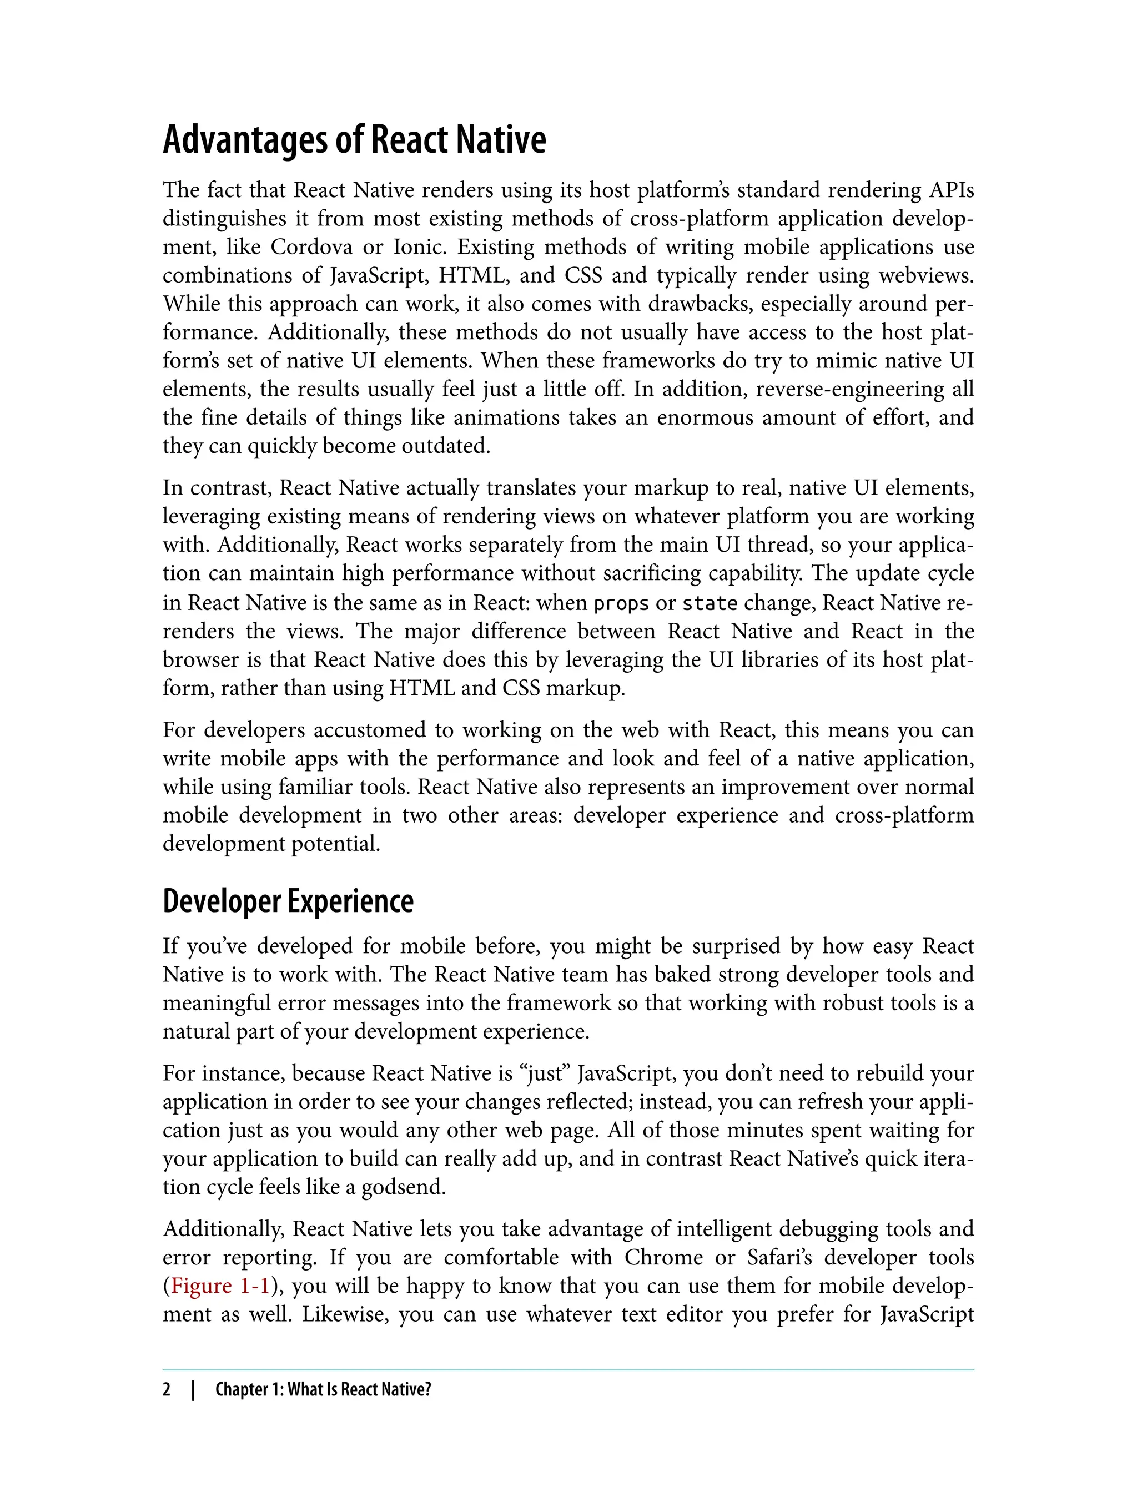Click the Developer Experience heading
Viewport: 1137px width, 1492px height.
coord(288,901)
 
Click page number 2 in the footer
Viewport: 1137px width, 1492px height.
coord(167,1389)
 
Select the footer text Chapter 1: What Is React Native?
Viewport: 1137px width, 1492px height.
coord(323,1389)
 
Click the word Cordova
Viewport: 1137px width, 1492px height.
coord(311,247)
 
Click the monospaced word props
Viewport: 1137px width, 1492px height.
coord(621,603)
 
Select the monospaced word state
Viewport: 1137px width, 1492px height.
coord(710,603)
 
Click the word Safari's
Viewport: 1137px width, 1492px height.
coord(778,1257)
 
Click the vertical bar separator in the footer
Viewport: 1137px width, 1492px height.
coord(194,1389)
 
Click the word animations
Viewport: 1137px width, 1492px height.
coord(506,417)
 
